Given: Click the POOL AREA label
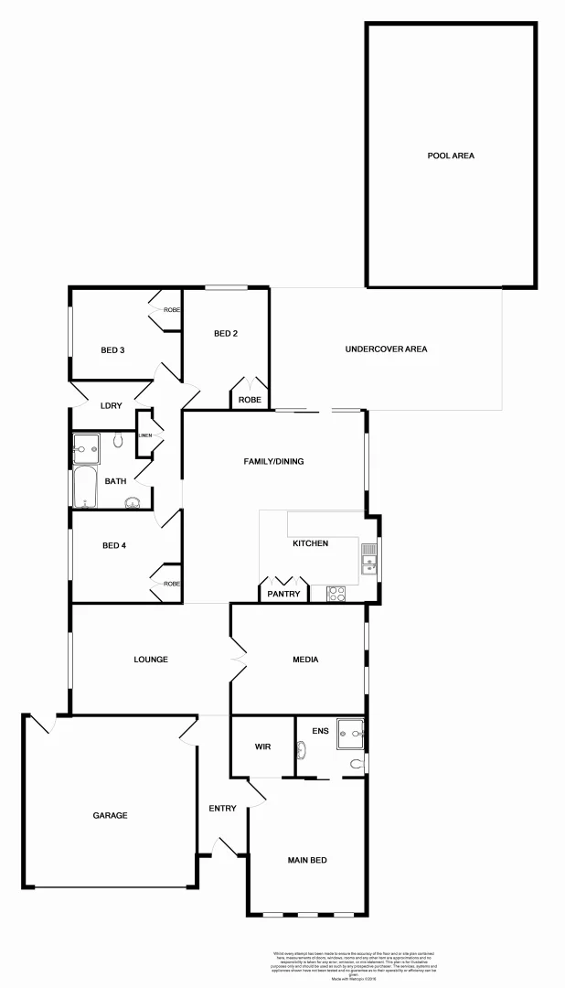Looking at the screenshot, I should (451, 156).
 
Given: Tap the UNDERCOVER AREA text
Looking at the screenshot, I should (386, 349).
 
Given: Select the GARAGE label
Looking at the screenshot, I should (110, 815).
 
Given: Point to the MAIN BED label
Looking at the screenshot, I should (307, 860).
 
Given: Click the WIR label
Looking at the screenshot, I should (262, 746).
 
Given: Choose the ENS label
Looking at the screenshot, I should (320, 731).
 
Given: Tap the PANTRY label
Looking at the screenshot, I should (283, 594).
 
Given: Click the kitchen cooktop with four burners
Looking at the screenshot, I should (336, 593).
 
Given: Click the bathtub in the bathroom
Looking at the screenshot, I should (84, 487).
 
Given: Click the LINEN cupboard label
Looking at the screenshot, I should (144, 435).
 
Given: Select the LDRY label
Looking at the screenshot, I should (112, 405).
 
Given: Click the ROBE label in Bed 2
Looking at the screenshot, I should (251, 400).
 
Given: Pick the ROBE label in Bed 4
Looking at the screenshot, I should (172, 584).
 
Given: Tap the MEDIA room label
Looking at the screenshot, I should (305, 659).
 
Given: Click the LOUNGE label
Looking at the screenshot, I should (150, 659).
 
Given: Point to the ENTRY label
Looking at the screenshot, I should (222, 808).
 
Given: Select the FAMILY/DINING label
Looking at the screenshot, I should (273, 461).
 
